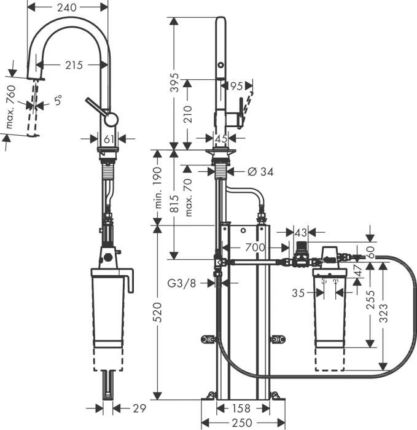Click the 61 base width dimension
click(109, 139)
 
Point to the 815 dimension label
click(175, 203)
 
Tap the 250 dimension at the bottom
click(243, 423)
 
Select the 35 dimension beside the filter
click(298, 294)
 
